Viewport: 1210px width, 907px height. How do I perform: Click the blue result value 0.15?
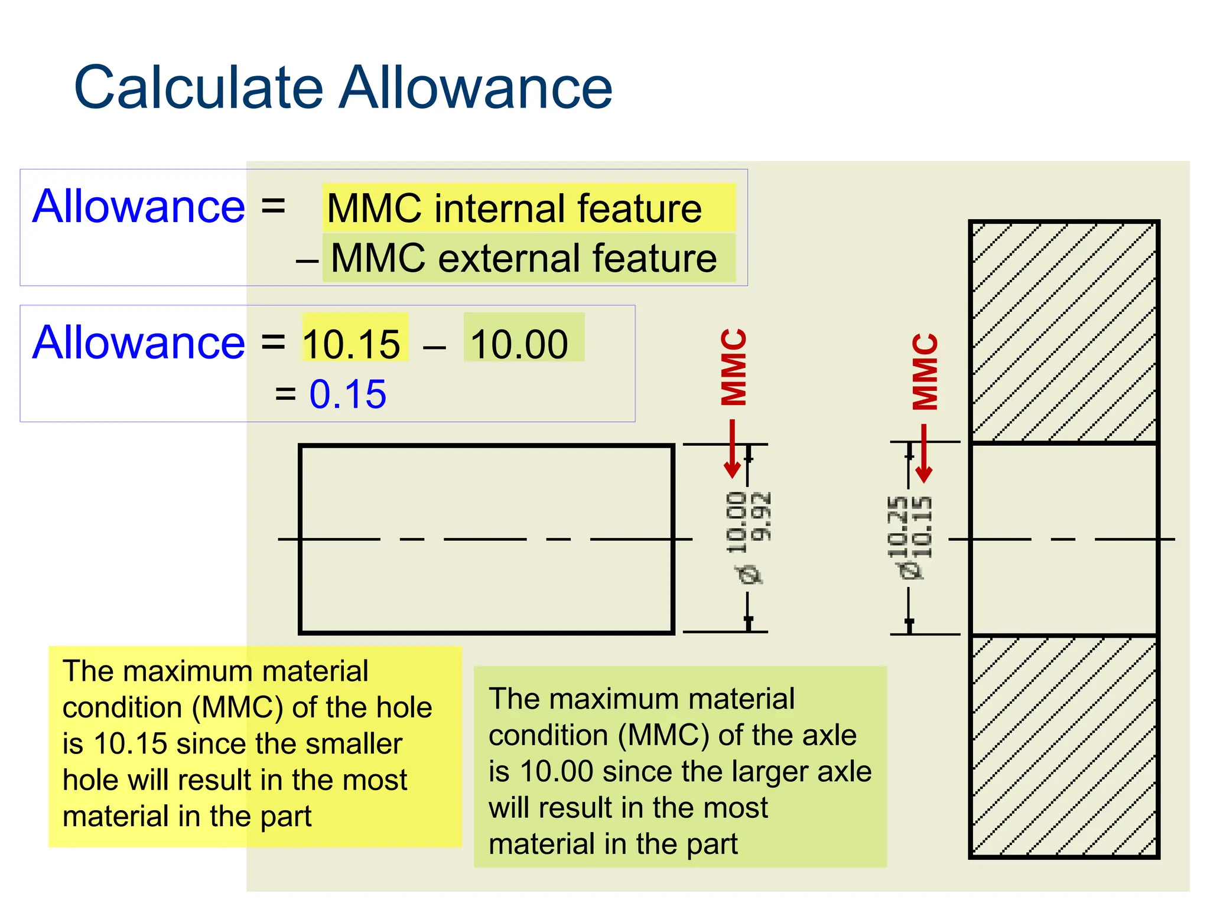[347, 394]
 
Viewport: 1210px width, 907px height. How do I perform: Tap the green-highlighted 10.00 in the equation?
[519, 344]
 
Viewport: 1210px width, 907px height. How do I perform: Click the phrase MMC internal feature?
[514, 208]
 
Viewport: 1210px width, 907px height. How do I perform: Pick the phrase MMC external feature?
[523, 258]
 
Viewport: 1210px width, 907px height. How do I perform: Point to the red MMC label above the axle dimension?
[734, 367]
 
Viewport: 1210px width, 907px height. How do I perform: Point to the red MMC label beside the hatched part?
[925, 371]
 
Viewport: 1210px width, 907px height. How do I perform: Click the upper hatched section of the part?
[1063, 332]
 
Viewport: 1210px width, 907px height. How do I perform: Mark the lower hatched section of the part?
[1063, 746]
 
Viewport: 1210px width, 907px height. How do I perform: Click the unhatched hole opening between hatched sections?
[1063, 539]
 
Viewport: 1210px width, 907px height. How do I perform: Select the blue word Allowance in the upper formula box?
[138, 206]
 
